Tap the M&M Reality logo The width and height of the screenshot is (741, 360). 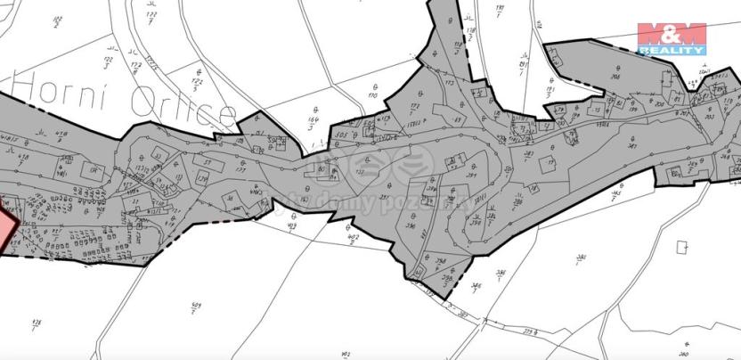pos(672,38)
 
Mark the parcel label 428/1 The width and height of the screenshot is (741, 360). pos(37,322)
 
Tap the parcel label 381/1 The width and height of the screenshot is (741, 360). pos(581,259)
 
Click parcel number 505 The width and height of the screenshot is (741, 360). pos(342,137)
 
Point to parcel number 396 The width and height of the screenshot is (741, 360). pos(411,227)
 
